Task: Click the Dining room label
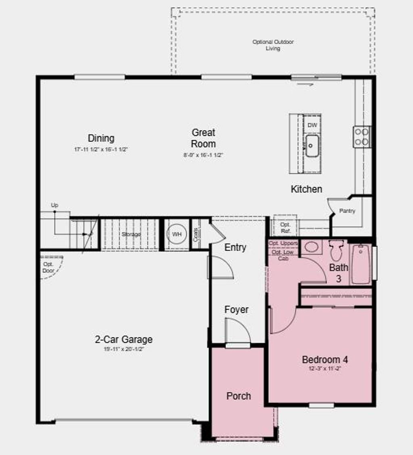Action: click(x=101, y=138)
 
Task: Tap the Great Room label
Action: click(x=203, y=138)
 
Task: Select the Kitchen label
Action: click(x=307, y=189)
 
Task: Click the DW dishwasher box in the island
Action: click(x=313, y=125)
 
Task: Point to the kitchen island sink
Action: click(x=312, y=146)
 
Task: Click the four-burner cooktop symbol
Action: click(x=362, y=136)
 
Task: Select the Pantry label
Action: click(x=347, y=211)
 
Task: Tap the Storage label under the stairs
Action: click(x=131, y=234)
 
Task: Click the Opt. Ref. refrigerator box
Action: click(x=285, y=227)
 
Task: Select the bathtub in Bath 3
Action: click(x=361, y=264)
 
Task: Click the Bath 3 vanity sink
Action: click(x=311, y=247)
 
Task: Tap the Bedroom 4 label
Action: click(x=325, y=359)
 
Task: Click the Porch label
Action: click(x=238, y=396)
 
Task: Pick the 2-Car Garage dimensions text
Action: click(x=123, y=349)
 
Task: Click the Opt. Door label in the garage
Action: click(x=48, y=267)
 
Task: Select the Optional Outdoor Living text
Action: click(x=273, y=45)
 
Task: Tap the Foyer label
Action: click(x=236, y=310)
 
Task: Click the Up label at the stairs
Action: click(x=54, y=205)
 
